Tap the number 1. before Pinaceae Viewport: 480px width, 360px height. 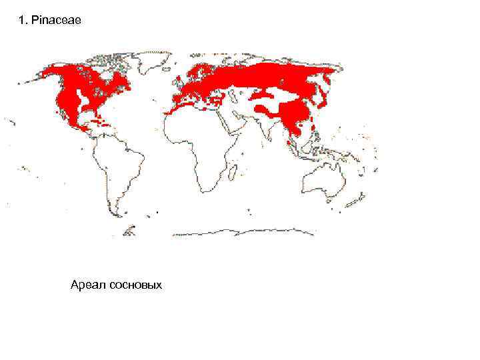click(25, 21)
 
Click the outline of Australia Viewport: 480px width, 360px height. click(323, 177)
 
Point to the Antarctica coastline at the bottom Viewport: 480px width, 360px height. click(240, 233)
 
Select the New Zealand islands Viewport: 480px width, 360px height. click(364, 200)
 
